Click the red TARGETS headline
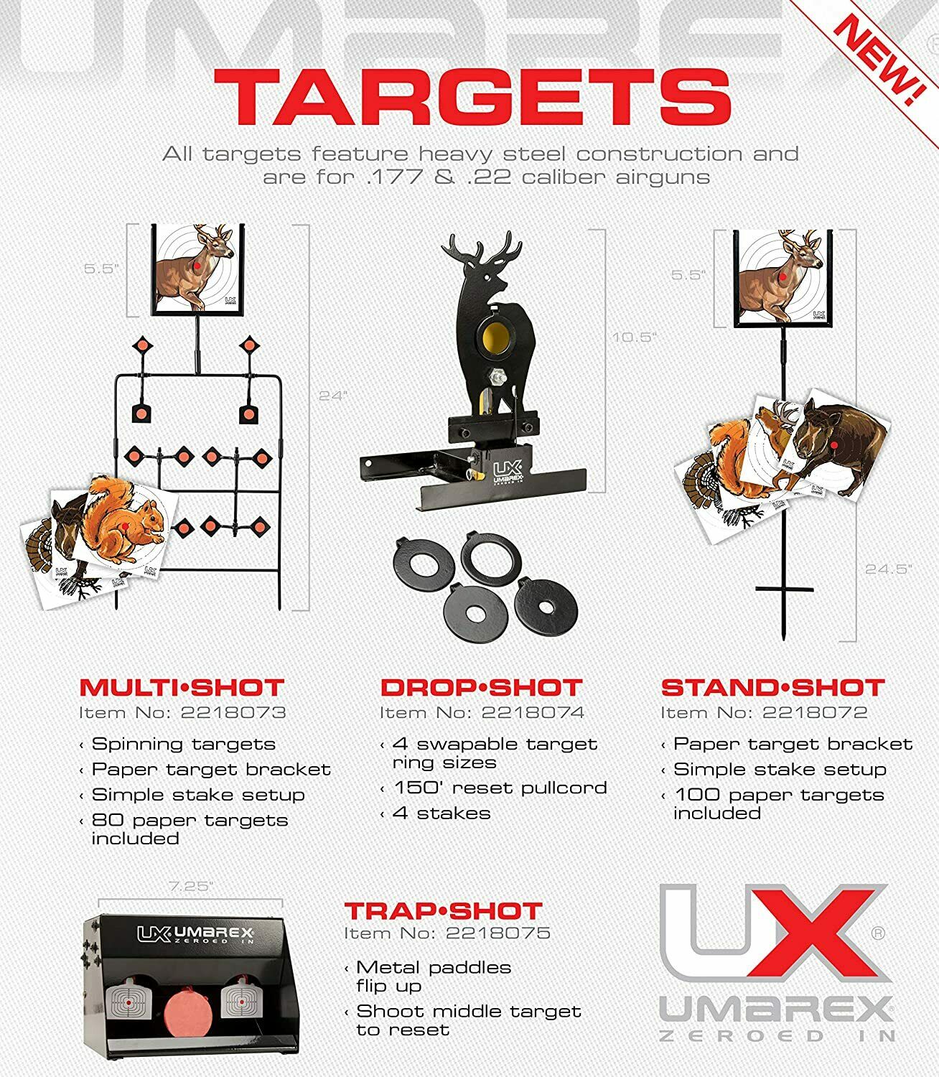click(x=472, y=98)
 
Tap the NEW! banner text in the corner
click(x=879, y=60)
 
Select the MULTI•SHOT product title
click(x=182, y=687)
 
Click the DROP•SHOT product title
click(x=481, y=687)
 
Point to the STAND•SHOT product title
click(x=772, y=687)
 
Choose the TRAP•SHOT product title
click(x=443, y=911)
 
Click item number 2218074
click(x=533, y=713)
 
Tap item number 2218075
click(x=498, y=933)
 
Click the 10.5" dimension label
click(x=635, y=337)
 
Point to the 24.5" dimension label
click(x=889, y=569)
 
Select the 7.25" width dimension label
click(x=190, y=887)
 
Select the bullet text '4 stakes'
click(x=442, y=813)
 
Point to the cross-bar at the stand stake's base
click(x=784, y=589)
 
